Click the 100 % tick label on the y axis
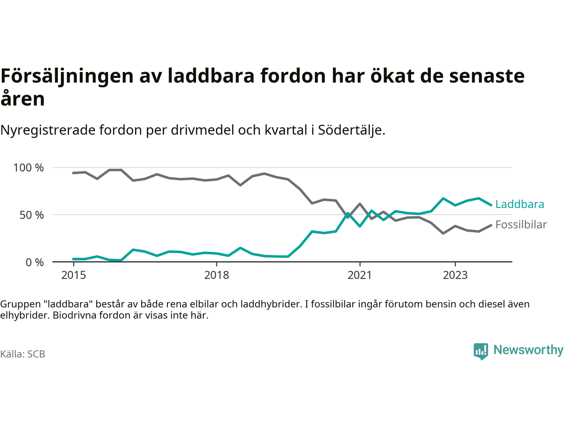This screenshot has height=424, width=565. pyautogui.click(x=29, y=168)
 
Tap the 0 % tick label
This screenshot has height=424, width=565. pyautogui.click(x=34, y=262)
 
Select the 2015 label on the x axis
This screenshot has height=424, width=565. pyautogui.click(x=74, y=275)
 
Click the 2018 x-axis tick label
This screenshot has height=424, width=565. pyautogui.click(x=217, y=275)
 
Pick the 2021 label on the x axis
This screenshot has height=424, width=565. pyautogui.click(x=360, y=275)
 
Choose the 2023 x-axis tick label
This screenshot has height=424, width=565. pyautogui.click(x=455, y=275)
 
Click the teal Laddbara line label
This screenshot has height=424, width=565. pyautogui.click(x=520, y=204)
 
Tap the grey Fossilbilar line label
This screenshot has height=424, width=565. pyautogui.click(x=521, y=225)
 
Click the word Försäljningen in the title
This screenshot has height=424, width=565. pyautogui.click(x=67, y=76)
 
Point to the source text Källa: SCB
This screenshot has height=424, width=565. pyautogui.click(x=23, y=354)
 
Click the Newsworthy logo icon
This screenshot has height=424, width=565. pyautogui.click(x=481, y=351)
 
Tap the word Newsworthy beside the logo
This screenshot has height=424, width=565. pyautogui.click(x=528, y=350)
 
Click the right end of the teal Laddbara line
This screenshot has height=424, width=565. pyautogui.click(x=491, y=205)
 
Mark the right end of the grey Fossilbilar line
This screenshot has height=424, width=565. pyautogui.click(x=491, y=225)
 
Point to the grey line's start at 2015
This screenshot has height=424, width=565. pyautogui.click(x=73, y=173)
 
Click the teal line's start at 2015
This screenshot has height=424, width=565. pyautogui.click(x=73, y=259)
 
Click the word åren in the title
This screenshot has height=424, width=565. pyautogui.click(x=23, y=99)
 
